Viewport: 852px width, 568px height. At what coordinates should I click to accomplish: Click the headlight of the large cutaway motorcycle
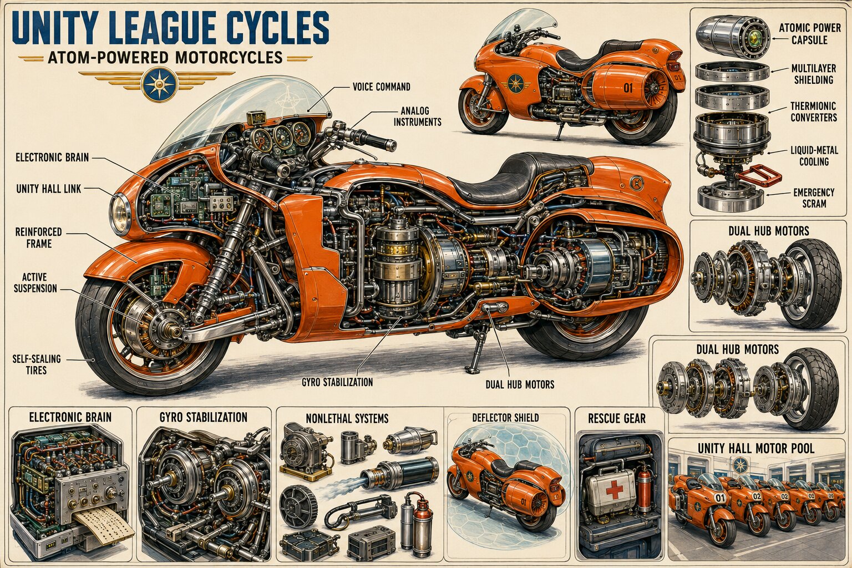click(x=120, y=213)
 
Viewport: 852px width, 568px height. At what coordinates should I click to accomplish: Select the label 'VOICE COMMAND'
click(x=382, y=87)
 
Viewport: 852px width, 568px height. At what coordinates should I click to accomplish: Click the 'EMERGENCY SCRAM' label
click(x=814, y=198)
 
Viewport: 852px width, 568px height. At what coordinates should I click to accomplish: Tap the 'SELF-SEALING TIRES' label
click(x=37, y=364)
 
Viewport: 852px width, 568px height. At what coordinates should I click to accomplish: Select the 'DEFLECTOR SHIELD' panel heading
click(x=505, y=418)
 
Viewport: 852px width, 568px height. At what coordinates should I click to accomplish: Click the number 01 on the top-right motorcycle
click(x=628, y=88)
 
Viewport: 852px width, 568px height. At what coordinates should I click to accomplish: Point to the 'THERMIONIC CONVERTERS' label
click(x=814, y=111)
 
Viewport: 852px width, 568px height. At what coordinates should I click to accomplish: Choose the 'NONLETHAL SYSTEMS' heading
click(x=347, y=419)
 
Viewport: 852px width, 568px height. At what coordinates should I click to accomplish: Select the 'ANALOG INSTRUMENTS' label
click(x=417, y=116)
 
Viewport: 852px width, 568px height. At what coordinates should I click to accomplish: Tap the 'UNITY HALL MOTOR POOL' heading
click(x=756, y=449)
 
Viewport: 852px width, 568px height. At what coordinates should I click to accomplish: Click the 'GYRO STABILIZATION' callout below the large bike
click(x=337, y=382)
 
